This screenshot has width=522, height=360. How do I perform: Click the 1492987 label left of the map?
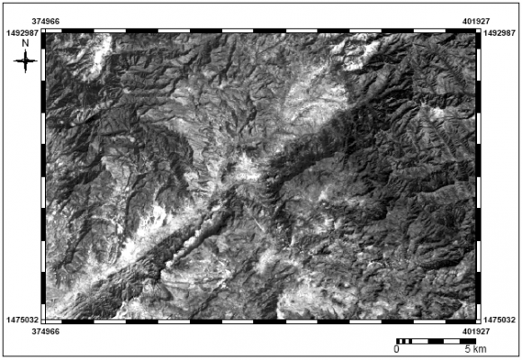click(22, 32)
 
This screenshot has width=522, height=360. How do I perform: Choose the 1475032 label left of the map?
click(22, 319)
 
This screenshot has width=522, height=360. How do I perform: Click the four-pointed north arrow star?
click(26, 61)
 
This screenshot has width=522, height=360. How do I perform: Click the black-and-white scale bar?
click(432, 341)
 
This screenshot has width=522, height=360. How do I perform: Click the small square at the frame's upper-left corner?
click(44, 31)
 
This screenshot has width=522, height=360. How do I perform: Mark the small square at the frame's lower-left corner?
click(44, 320)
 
